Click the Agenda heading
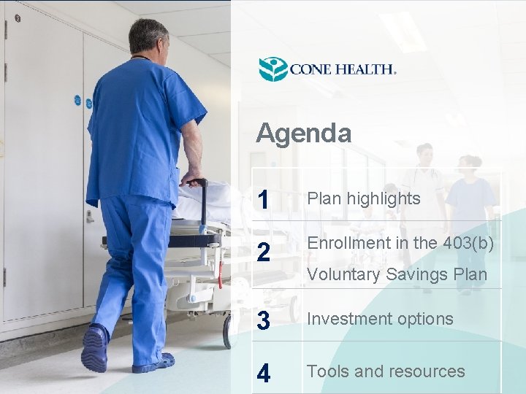pos(303,134)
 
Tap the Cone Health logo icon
pos(273,69)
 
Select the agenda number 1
pos(264,199)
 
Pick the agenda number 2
pos(264,252)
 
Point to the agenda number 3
pos(264,320)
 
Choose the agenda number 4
pos(264,373)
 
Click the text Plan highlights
pos(363,198)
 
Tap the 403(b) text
pos(468,244)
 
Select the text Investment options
pos(380,319)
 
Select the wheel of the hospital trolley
pos(229,332)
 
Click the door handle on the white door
pos(90,216)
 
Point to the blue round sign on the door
pos(77,100)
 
